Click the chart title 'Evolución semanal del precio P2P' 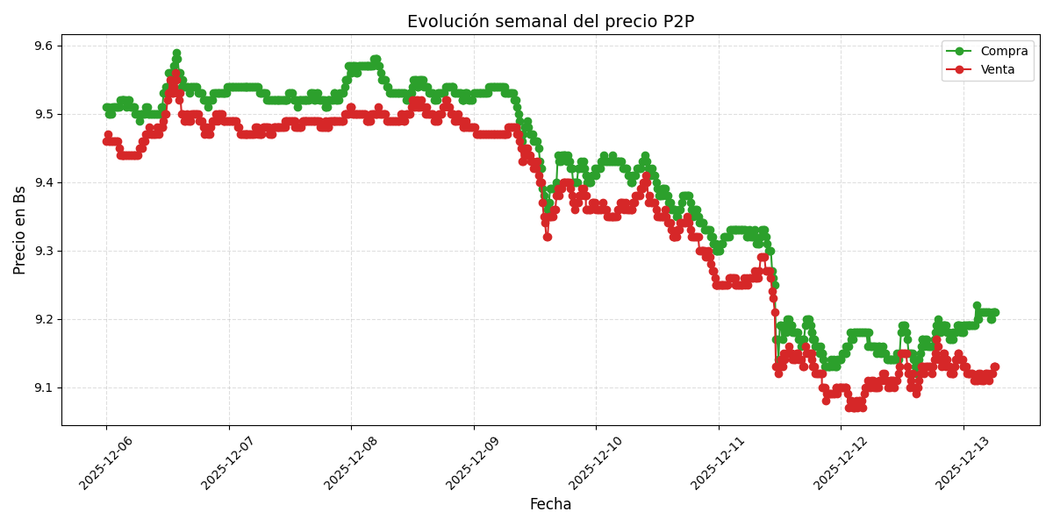click(550, 22)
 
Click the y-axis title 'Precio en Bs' click(20, 230)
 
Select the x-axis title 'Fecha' click(550, 505)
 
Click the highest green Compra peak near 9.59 click(176, 53)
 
